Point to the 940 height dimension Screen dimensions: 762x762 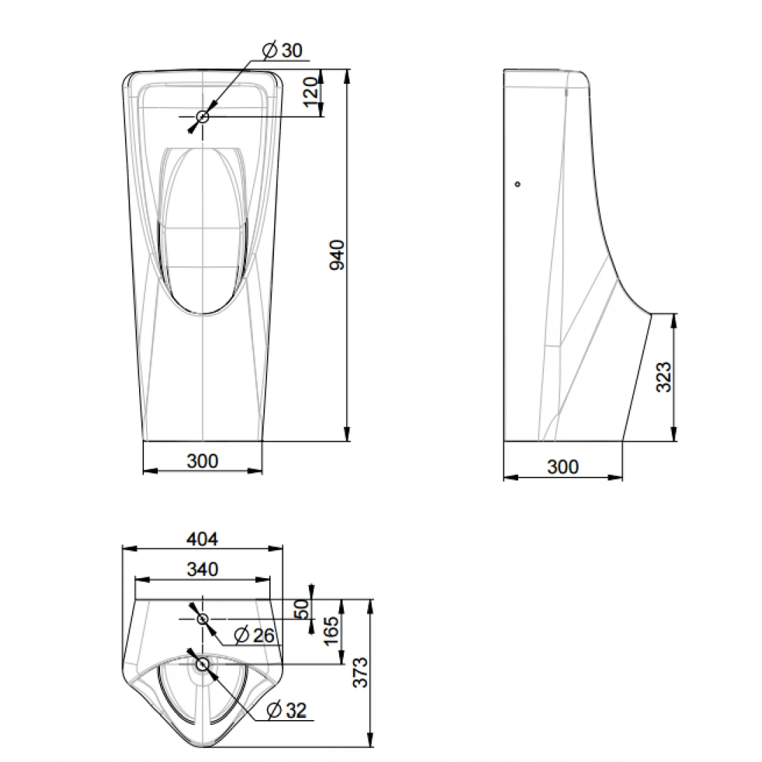coord(337,255)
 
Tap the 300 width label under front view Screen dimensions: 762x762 coord(202,461)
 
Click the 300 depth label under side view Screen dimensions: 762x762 coord(563,466)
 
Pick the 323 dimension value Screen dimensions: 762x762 coord(664,377)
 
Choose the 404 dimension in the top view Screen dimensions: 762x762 coord(202,538)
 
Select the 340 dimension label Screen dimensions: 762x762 coord(202,569)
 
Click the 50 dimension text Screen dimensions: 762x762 coord(302,608)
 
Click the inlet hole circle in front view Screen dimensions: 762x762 coord(203,117)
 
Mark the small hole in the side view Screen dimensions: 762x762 coord(517,184)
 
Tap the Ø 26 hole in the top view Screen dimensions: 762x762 coord(203,619)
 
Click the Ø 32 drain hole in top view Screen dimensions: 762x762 coord(203,663)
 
